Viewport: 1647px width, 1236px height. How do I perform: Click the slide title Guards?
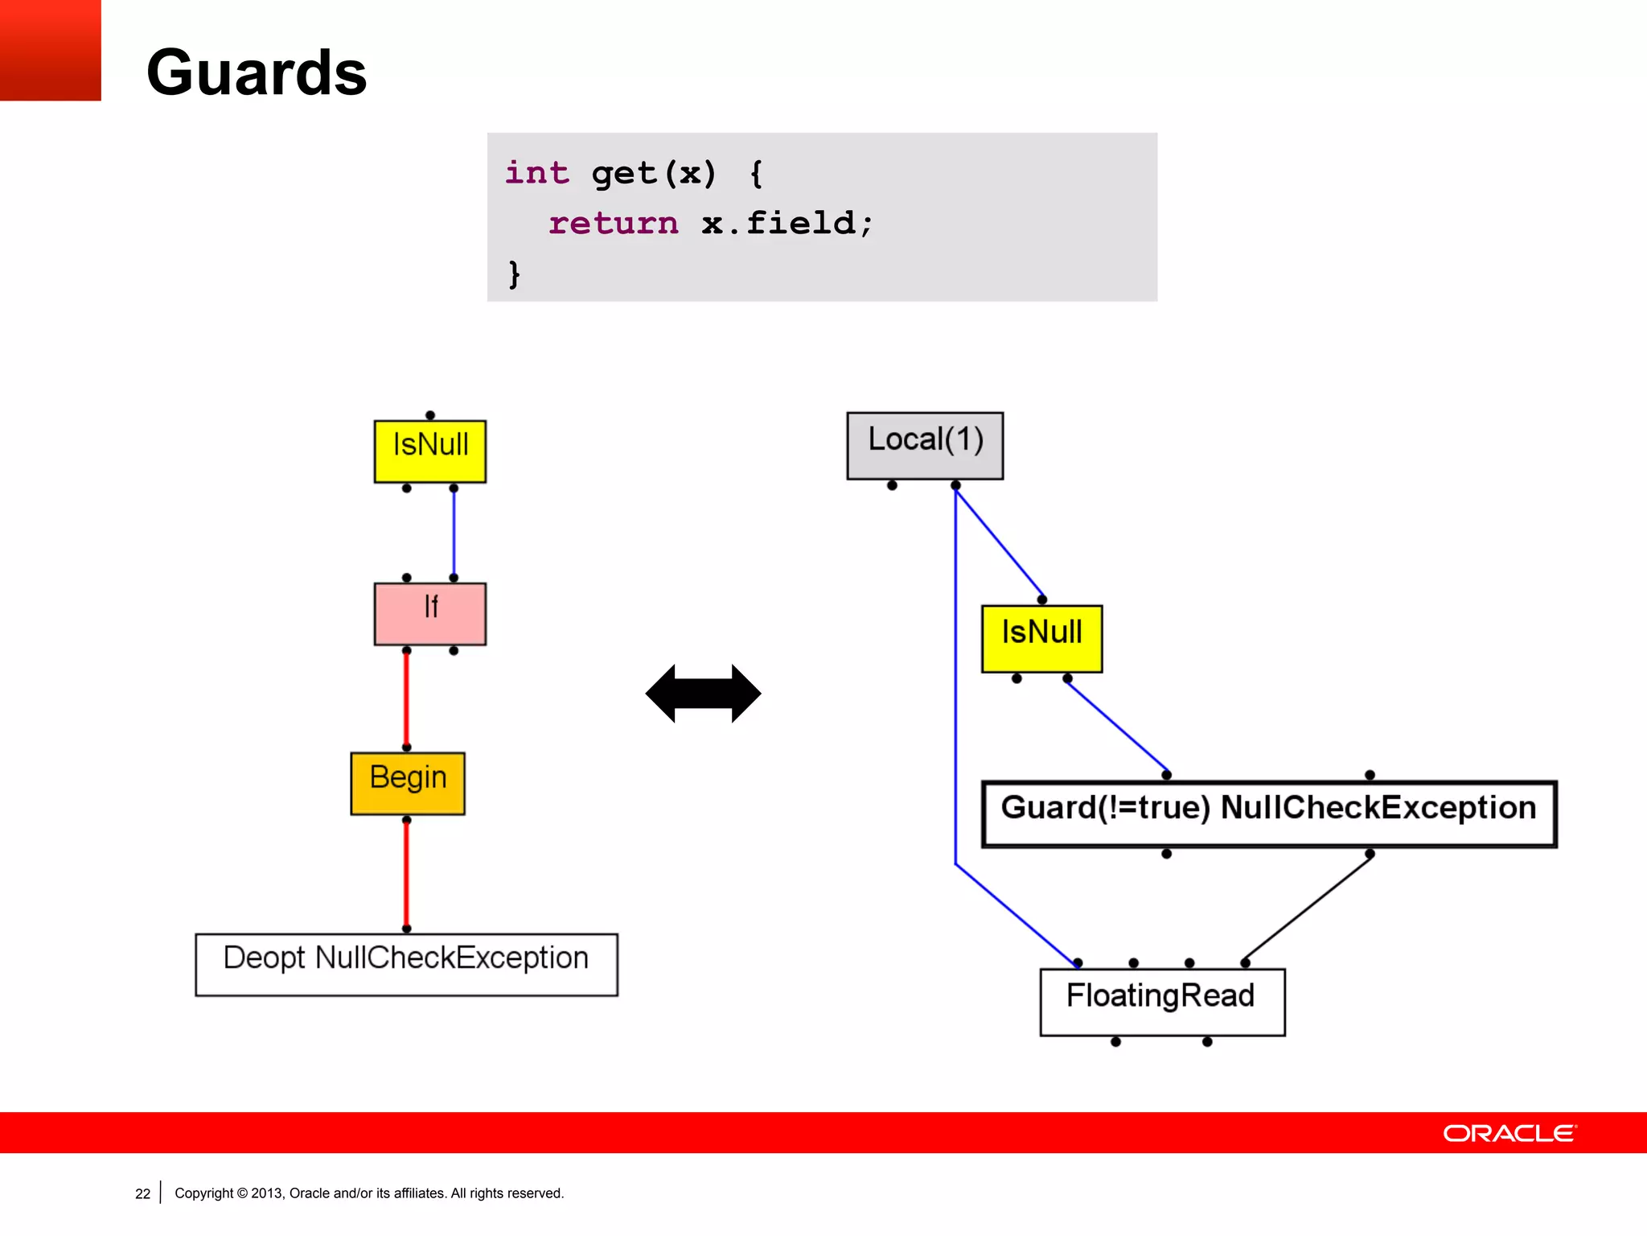click(x=257, y=73)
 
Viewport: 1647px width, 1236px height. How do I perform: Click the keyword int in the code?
click(x=536, y=173)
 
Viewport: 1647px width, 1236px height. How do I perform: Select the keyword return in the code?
click(x=613, y=223)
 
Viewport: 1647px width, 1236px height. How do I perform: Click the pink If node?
click(x=430, y=613)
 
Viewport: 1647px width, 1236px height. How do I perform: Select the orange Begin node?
click(x=408, y=783)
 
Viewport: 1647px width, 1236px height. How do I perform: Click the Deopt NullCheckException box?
click(x=406, y=964)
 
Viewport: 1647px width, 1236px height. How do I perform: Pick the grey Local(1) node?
click(x=925, y=445)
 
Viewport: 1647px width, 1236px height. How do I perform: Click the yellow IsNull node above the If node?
click(x=430, y=451)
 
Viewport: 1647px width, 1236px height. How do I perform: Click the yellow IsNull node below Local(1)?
click(x=1041, y=638)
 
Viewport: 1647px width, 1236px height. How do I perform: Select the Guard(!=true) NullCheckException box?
click(x=1268, y=814)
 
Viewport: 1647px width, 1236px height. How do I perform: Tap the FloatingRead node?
click(x=1161, y=1001)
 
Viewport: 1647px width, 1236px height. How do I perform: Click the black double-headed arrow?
click(x=703, y=693)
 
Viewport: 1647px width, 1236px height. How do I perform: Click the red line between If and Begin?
click(x=406, y=698)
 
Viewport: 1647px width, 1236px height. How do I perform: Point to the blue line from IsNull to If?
click(x=454, y=533)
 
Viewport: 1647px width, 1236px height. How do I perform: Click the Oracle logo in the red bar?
click(x=1509, y=1133)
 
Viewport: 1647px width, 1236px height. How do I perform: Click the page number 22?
click(x=142, y=1193)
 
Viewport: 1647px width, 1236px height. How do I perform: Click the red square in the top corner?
click(x=50, y=50)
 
